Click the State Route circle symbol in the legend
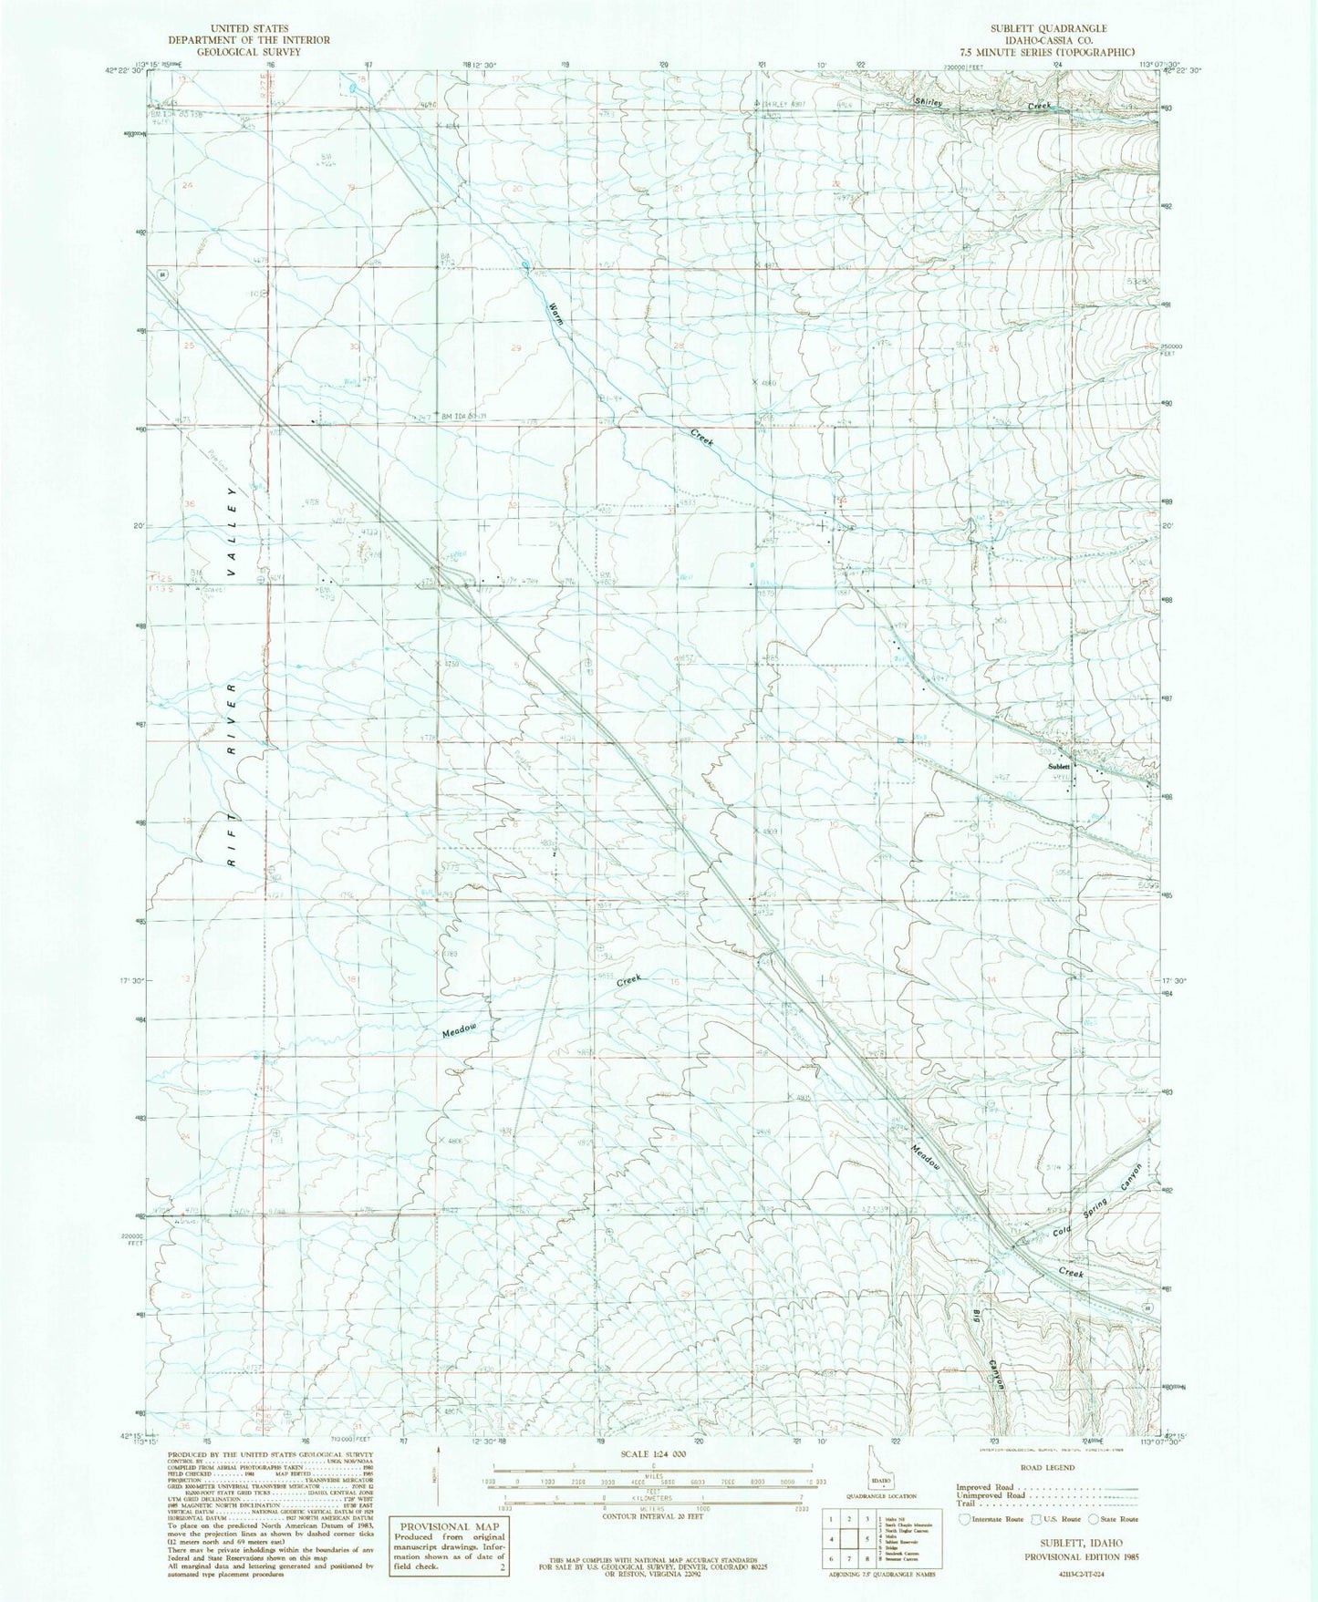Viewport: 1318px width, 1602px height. [x=1093, y=1519]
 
